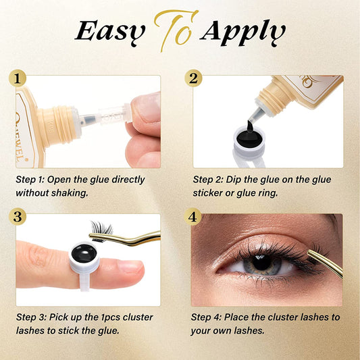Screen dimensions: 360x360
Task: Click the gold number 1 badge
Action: pos(18,78)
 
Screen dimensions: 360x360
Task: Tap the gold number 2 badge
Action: pos(193,78)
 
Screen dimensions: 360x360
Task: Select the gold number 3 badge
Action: pos(18,217)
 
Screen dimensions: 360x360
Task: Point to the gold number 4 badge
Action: pos(192,217)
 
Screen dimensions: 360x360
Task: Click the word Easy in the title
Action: pos(110,32)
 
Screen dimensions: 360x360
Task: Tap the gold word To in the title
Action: pos(175,30)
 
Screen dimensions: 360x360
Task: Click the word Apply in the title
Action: pos(242,33)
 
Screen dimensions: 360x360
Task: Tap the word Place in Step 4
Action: pos(236,317)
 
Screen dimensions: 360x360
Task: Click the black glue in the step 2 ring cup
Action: pos(249,138)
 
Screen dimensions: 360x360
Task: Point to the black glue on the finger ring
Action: pos(84,254)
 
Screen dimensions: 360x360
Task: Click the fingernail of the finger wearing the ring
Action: pos(130,267)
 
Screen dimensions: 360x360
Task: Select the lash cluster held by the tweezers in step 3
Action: pos(102,230)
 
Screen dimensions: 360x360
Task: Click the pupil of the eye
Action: pos(261,262)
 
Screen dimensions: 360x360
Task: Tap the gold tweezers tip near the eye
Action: pos(309,252)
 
